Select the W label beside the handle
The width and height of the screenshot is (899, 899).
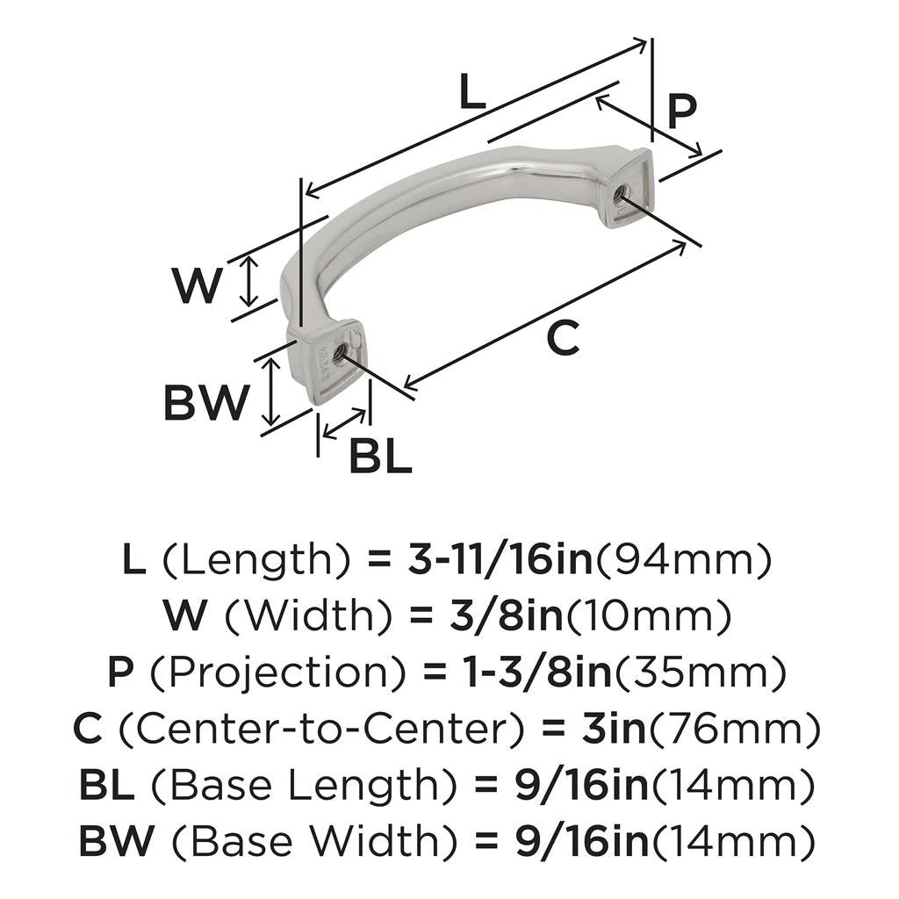click(195, 285)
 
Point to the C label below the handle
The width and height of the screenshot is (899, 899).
click(562, 338)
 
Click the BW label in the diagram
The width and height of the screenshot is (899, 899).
click(206, 403)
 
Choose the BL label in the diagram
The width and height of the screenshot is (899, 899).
click(380, 457)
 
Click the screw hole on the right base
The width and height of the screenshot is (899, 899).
click(622, 191)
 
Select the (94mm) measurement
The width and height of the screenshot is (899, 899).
click(684, 559)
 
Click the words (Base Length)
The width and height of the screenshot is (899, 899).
click(300, 786)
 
